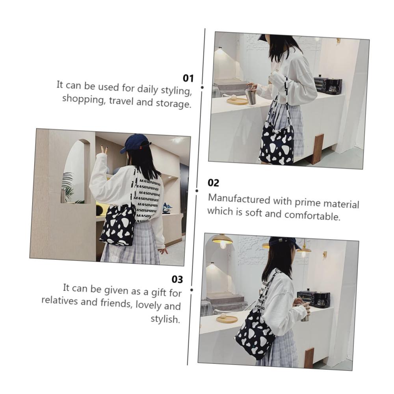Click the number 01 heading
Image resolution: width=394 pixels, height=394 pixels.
pyautogui.click(x=188, y=78)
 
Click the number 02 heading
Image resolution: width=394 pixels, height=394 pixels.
pyautogui.click(x=213, y=183)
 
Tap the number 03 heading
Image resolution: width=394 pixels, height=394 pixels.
pyautogui.click(x=177, y=279)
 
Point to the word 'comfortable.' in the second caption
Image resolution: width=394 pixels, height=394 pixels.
pyautogui.click(x=312, y=215)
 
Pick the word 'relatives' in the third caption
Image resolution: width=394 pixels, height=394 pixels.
pyautogui.click(x=60, y=300)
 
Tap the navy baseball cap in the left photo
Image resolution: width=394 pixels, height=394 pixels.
pyautogui.click(x=135, y=143)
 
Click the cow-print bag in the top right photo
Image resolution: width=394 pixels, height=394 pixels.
pyautogui.click(x=277, y=143)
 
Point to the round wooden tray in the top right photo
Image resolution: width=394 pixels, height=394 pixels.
pyautogui.click(x=237, y=101)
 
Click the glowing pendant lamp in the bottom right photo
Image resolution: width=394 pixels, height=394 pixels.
pyautogui.click(x=222, y=240)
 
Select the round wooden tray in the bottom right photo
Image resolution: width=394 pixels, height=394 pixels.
pyautogui.click(x=227, y=319)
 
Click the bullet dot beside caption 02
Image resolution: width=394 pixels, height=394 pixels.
pyautogui.click(x=197, y=191)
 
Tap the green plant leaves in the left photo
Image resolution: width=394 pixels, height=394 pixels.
pyautogui.click(x=68, y=187)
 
